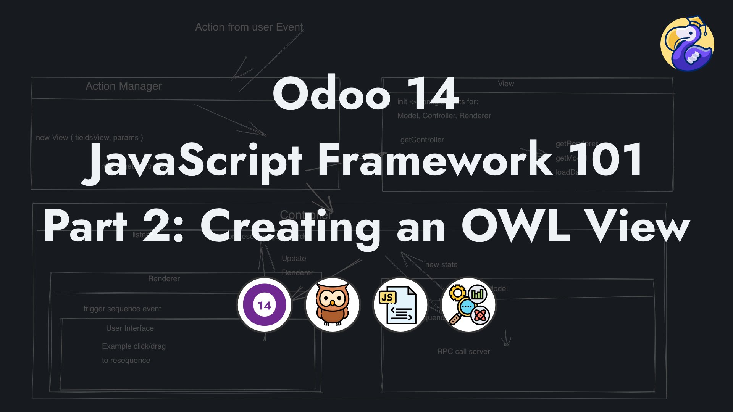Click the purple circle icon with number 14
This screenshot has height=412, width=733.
pyautogui.click(x=264, y=305)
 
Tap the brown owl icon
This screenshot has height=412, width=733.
pyautogui.click(x=333, y=305)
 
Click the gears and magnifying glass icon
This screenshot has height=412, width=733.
pyautogui.click(x=468, y=305)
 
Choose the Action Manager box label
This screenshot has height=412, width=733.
pyautogui.click(x=124, y=86)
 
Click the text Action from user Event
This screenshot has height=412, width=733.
pyautogui.click(x=249, y=27)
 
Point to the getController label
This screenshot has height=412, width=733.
pyautogui.click(x=422, y=140)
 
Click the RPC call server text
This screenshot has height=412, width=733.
pyautogui.click(x=463, y=352)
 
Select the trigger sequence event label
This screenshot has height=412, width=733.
pyautogui.click(x=122, y=309)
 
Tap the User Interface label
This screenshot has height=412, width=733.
pyautogui.click(x=130, y=328)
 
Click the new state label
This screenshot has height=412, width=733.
pyautogui.click(x=441, y=265)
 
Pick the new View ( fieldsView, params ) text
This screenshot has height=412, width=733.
pyautogui.click(x=89, y=138)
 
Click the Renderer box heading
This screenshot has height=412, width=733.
pyautogui.click(x=164, y=279)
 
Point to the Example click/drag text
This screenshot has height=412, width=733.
pyautogui.click(x=134, y=346)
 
